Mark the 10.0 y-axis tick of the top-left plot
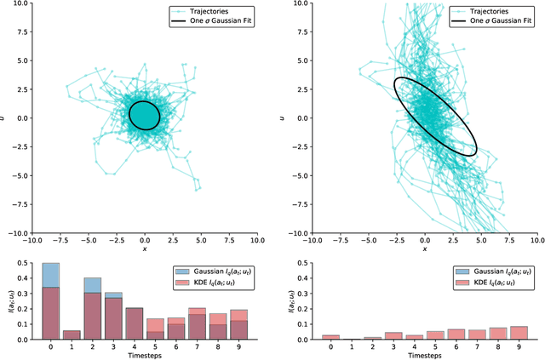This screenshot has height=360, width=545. pyautogui.click(x=20, y=3)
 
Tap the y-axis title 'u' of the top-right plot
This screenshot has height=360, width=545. pyautogui.click(x=288, y=117)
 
